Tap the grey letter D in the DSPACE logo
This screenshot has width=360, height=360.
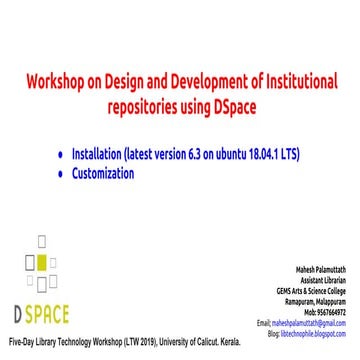click(19, 288)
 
